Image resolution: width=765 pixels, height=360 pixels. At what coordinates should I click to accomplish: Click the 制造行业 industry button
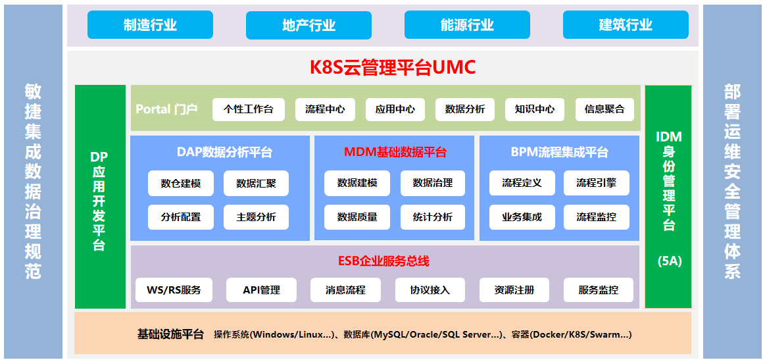150,24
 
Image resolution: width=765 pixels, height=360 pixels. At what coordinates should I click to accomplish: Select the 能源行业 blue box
467,24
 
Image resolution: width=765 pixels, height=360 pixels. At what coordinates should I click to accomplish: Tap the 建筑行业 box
626,24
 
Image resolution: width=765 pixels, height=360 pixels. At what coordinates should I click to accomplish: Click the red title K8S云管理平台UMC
393,67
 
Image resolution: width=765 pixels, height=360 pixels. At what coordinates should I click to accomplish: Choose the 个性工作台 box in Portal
249,109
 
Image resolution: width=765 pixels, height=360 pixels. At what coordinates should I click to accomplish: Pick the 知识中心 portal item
534,109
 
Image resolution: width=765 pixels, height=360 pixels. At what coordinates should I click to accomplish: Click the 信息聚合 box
605,109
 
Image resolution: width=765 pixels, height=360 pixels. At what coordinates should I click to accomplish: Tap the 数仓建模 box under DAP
180,183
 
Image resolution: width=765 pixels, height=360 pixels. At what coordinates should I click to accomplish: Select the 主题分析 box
256,217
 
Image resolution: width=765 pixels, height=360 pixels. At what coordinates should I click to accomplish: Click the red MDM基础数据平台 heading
395,152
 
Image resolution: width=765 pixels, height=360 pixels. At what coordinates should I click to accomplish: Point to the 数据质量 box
357,217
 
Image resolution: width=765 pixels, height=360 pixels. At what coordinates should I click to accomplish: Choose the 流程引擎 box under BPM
596,183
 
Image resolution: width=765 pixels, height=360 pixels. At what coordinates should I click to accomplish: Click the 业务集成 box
522,217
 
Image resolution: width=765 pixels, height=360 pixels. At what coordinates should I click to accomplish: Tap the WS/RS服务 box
174,290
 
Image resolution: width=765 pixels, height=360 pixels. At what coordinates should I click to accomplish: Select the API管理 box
262,290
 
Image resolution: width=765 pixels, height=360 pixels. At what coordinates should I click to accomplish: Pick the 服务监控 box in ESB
599,290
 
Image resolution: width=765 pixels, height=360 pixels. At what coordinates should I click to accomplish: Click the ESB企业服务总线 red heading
383,261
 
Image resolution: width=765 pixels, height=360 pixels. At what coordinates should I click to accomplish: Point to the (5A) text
668,261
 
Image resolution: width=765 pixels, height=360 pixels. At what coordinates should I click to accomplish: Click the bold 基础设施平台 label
170,334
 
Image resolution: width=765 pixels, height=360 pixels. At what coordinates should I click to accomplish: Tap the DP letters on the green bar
99,157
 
